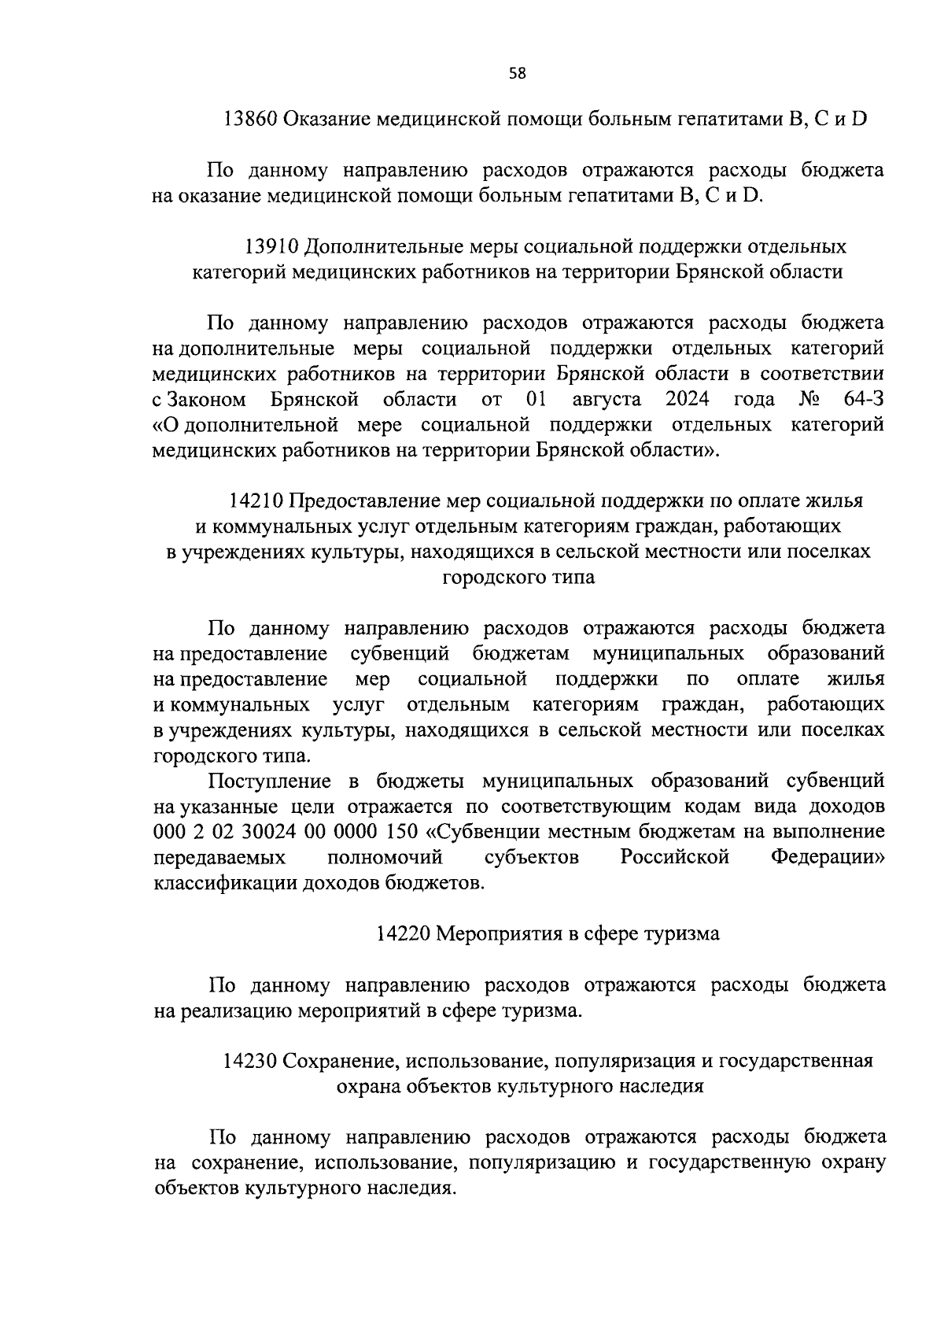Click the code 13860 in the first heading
250,120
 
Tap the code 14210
256,501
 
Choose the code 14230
250,1061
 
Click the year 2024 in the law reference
687,399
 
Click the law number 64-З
863,399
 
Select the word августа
607,399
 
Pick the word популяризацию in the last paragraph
541,1162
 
